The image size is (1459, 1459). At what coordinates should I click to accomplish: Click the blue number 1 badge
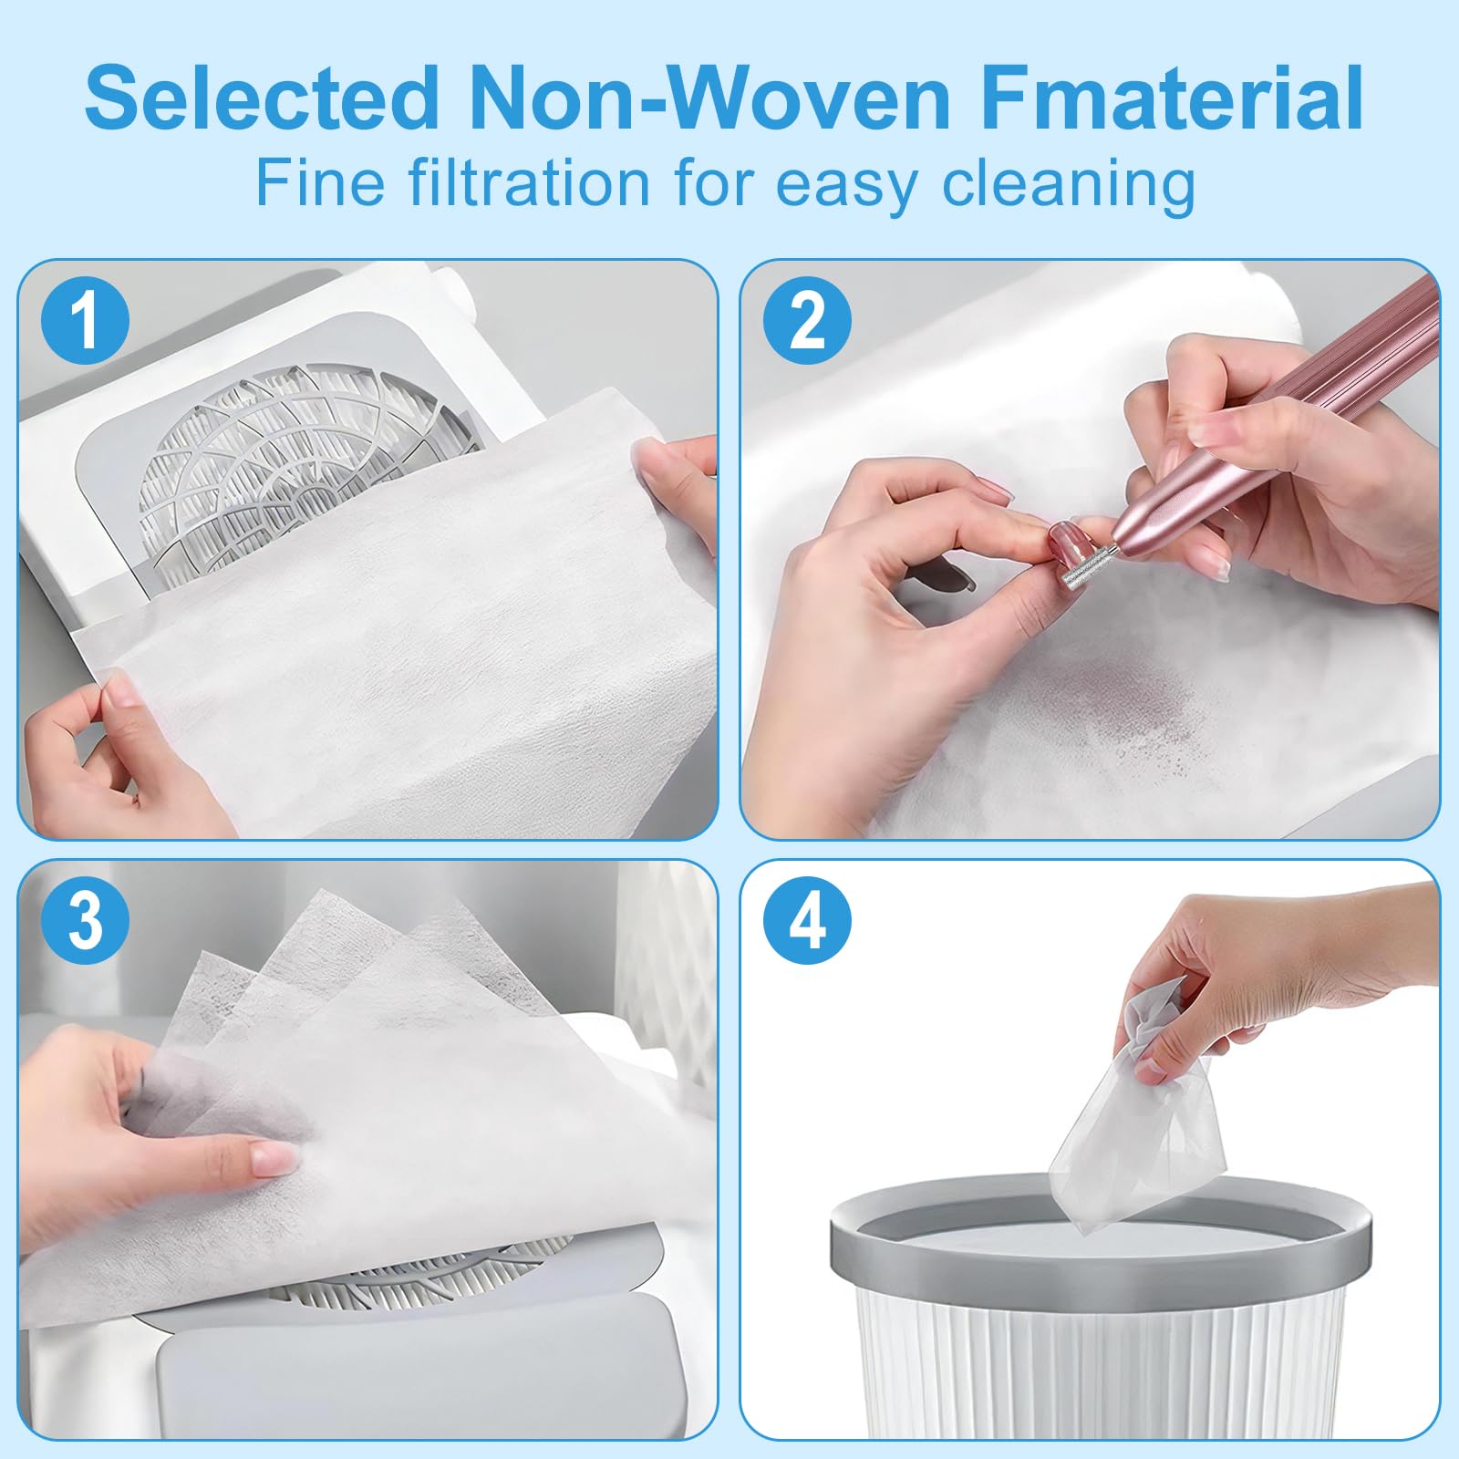[85, 320]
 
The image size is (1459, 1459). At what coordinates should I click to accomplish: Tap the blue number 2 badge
[807, 320]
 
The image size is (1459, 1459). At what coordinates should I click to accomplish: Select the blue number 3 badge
[85, 920]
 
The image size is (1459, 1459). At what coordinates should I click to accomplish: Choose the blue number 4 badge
[807, 920]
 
